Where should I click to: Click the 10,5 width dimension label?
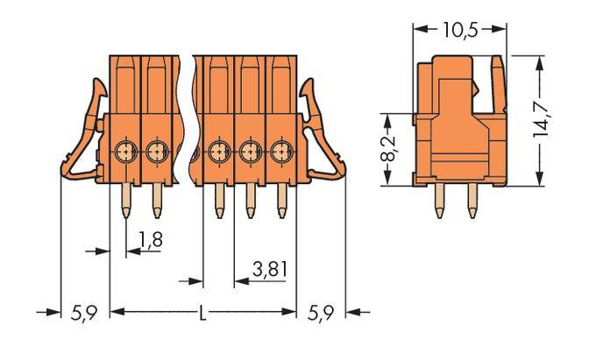pos(459,29)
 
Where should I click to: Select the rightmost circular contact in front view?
pos(281,152)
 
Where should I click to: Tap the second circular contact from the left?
pos(157,152)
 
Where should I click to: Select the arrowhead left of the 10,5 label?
pos(418,29)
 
